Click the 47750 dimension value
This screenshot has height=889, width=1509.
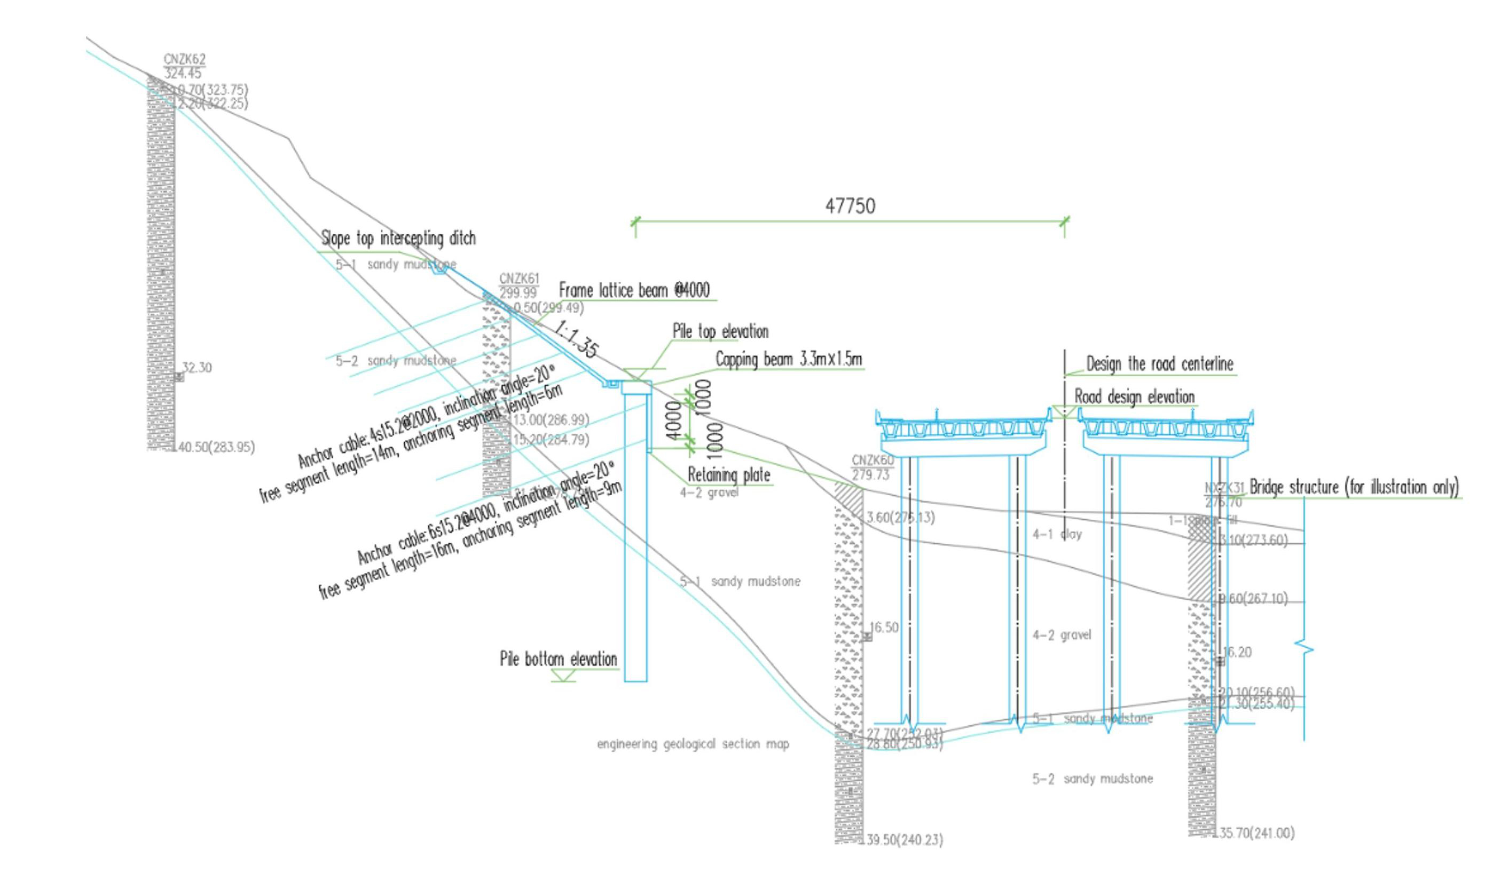click(x=850, y=206)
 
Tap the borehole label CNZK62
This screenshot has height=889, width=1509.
click(x=184, y=59)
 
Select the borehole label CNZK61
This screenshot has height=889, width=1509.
click(x=519, y=279)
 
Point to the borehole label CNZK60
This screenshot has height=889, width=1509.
click(x=872, y=460)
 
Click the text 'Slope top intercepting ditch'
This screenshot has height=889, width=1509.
click(x=398, y=238)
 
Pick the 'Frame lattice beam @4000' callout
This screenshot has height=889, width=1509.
click(x=634, y=290)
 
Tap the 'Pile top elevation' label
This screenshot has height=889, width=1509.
click(x=720, y=331)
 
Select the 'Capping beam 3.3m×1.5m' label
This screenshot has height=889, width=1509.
click(x=789, y=360)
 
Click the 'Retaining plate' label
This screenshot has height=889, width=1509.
click(x=729, y=475)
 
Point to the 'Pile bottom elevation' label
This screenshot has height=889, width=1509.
click(x=559, y=659)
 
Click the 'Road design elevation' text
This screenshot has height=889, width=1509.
click(x=1134, y=396)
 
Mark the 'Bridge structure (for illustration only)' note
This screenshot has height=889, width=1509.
click(x=1354, y=487)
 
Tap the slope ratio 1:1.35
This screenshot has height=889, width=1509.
click(x=576, y=340)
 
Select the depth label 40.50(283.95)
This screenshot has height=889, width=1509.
click(x=216, y=448)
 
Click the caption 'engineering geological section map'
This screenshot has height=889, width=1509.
click(x=693, y=744)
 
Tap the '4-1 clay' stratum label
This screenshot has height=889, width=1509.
click(x=1057, y=534)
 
